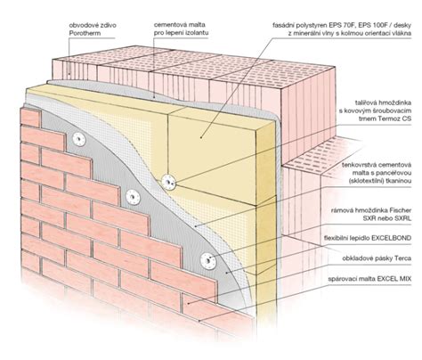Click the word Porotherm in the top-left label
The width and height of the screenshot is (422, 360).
coord(85,33)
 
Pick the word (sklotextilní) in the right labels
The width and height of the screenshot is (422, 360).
coord(365,181)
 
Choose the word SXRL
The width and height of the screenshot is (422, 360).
coord(402,218)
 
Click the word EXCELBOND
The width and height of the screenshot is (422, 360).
coord(392,238)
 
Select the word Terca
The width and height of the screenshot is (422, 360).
coord(403,258)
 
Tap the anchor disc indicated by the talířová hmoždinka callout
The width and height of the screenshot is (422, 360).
coord(168,181)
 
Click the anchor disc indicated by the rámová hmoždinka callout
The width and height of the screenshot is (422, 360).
coord(208,261)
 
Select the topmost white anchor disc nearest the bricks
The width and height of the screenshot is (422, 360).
coord(78,139)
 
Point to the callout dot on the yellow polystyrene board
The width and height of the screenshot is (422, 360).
coord(201,137)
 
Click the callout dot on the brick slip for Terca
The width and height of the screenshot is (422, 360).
coord(188,304)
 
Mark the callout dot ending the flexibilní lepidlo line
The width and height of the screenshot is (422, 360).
coord(226,273)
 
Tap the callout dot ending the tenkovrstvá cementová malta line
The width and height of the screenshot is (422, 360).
coord(195,226)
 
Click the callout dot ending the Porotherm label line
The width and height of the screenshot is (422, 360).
coord(69,74)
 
